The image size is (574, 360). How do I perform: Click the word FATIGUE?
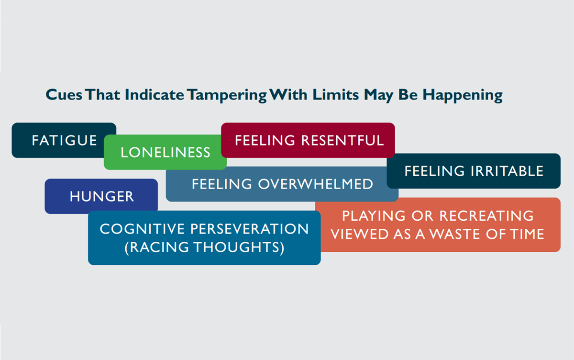[64, 140]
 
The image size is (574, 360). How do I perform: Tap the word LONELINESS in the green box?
[166, 152]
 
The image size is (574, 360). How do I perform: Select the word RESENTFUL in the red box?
[342, 140]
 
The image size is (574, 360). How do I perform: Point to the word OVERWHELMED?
[315, 184]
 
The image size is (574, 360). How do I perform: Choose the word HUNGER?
[102, 196]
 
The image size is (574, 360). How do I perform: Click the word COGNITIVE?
[142, 229]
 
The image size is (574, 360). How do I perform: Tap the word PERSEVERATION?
[249, 229]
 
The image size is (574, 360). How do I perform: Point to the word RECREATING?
[486, 215]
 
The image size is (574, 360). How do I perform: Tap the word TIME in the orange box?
[527, 234]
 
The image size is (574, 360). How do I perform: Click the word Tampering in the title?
[227, 95]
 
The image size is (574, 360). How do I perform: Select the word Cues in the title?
[64, 95]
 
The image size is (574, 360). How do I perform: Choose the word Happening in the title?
[463, 95]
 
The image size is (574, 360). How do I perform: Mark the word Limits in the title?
[335, 94]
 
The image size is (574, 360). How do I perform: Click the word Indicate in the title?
[154, 94]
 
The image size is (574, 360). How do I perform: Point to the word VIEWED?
[359, 234]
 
